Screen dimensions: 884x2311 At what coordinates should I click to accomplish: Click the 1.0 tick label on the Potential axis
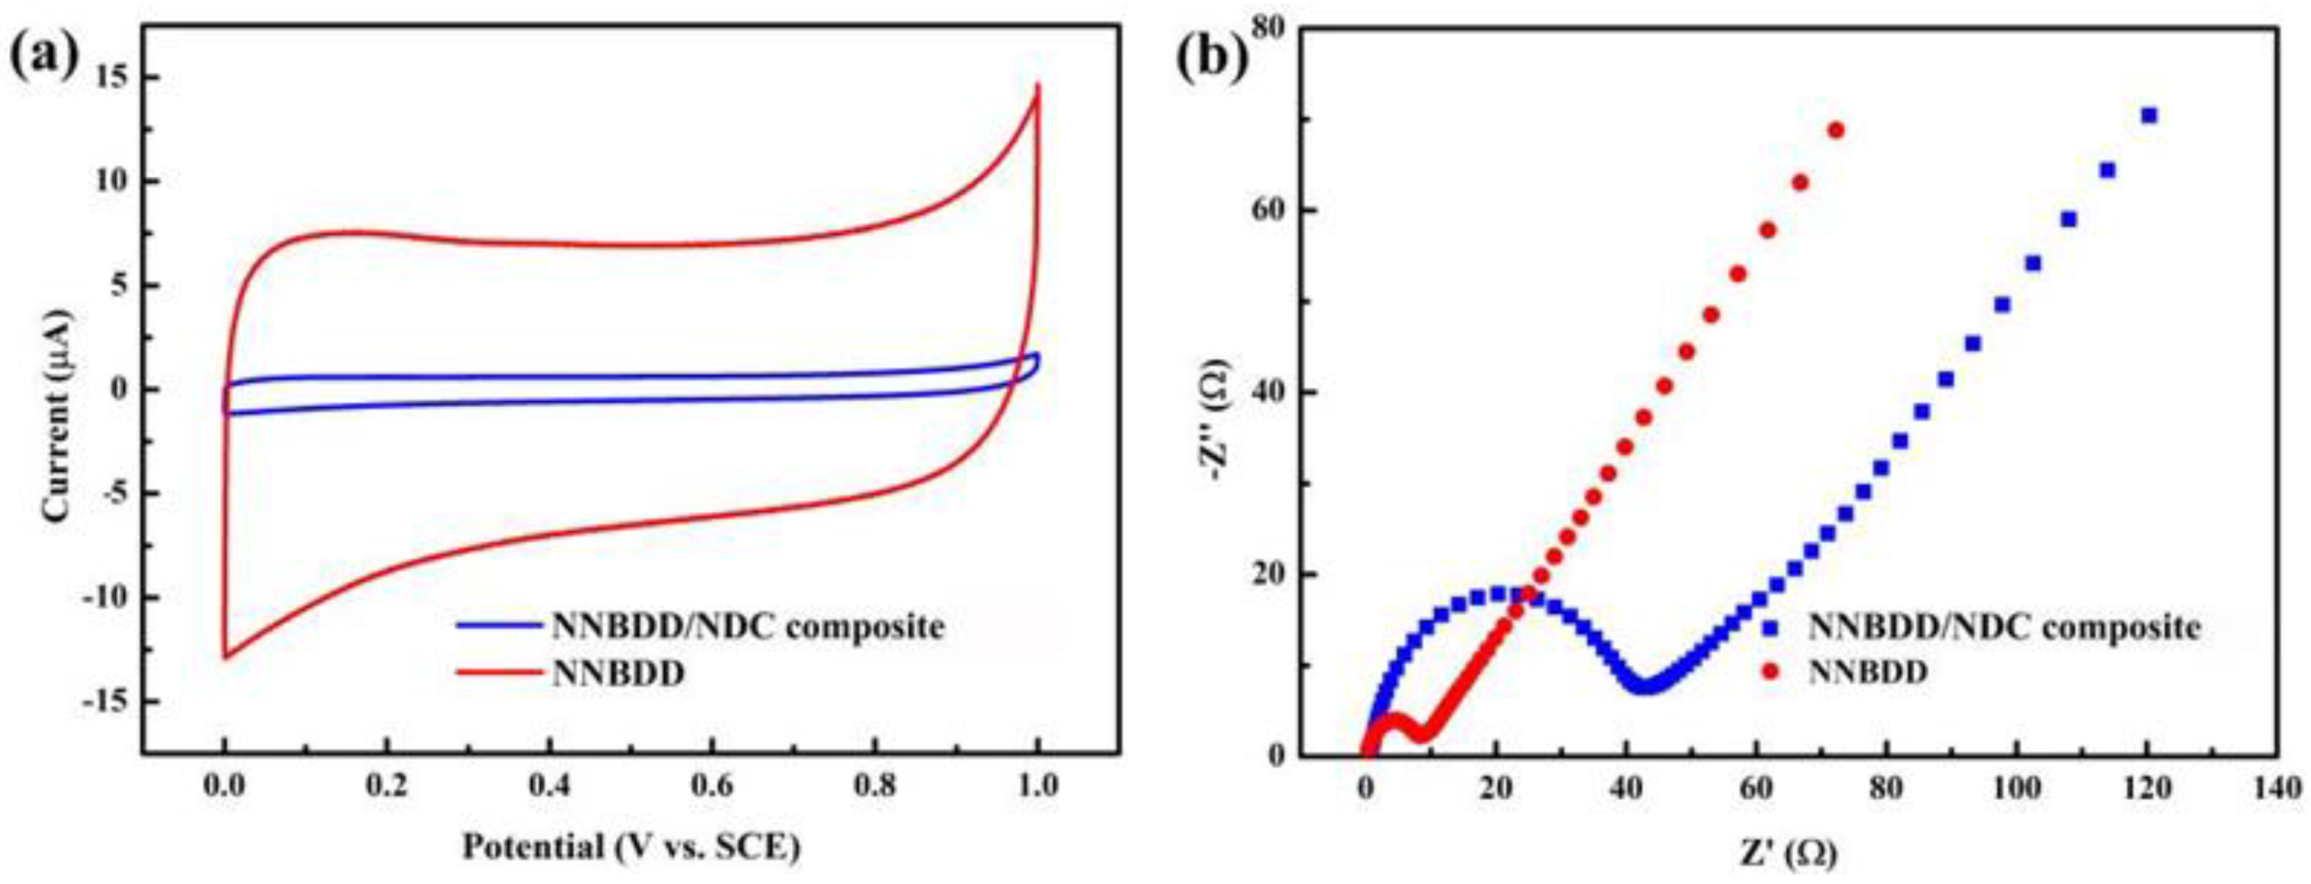tap(1037, 786)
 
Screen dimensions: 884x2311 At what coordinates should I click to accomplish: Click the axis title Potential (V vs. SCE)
tap(631, 846)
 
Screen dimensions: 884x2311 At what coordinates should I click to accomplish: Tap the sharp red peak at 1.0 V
tap(1038, 87)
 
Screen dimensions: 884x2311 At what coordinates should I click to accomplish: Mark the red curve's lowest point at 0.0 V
tap(224, 657)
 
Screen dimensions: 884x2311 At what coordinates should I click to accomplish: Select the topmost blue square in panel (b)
tap(2149, 115)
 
